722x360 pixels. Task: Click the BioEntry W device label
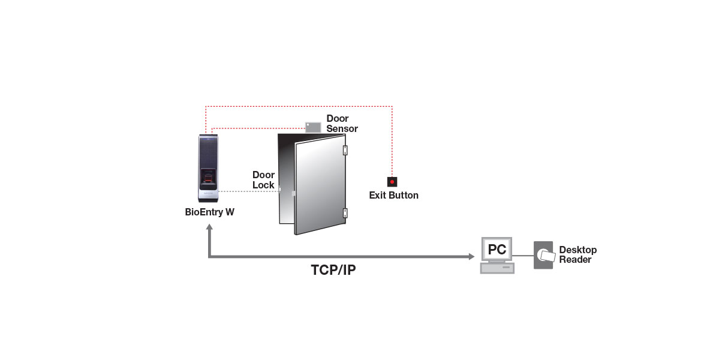[209, 212]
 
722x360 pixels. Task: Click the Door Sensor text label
[342, 124]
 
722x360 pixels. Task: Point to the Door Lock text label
[263, 180]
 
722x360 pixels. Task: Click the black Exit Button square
[392, 181]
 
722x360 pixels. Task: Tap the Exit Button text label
[393, 196]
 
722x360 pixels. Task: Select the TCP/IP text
[333, 270]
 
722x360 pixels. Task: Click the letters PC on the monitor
[497, 249]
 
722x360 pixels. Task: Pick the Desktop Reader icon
[543, 255]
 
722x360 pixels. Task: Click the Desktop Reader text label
[577, 255]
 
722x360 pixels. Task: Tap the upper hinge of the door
[345, 149]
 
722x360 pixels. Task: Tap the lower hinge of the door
[345, 212]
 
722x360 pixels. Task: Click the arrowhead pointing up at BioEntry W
[209, 229]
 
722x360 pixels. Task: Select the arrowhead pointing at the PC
[471, 257]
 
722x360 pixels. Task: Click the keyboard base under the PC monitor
[497, 269]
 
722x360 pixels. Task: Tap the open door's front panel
[319, 186]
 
